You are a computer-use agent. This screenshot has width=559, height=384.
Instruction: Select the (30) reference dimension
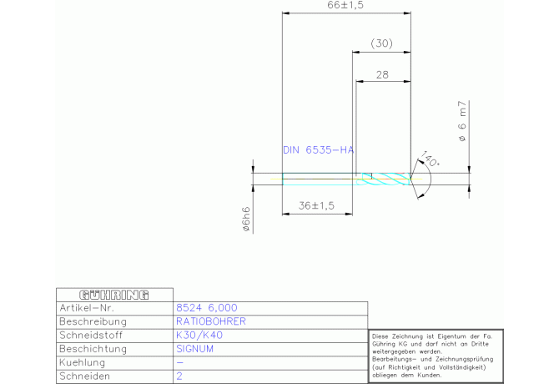click(381, 43)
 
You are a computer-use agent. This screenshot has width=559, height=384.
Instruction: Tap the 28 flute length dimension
click(383, 74)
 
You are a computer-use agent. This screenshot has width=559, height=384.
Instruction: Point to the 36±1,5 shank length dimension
click(316, 205)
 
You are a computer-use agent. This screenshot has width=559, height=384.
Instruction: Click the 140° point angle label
click(429, 158)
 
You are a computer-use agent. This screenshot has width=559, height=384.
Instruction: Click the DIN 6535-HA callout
click(318, 150)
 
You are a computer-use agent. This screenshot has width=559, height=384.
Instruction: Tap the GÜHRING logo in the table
click(113, 295)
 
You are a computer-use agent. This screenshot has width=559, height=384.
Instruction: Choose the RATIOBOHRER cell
click(210, 321)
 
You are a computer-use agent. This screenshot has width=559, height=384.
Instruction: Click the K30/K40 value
click(199, 335)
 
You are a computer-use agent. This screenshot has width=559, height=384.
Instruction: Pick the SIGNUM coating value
click(195, 349)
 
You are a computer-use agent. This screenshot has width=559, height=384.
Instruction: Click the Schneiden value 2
click(179, 376)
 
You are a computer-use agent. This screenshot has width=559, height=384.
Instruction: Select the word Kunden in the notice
click(459, 375)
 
